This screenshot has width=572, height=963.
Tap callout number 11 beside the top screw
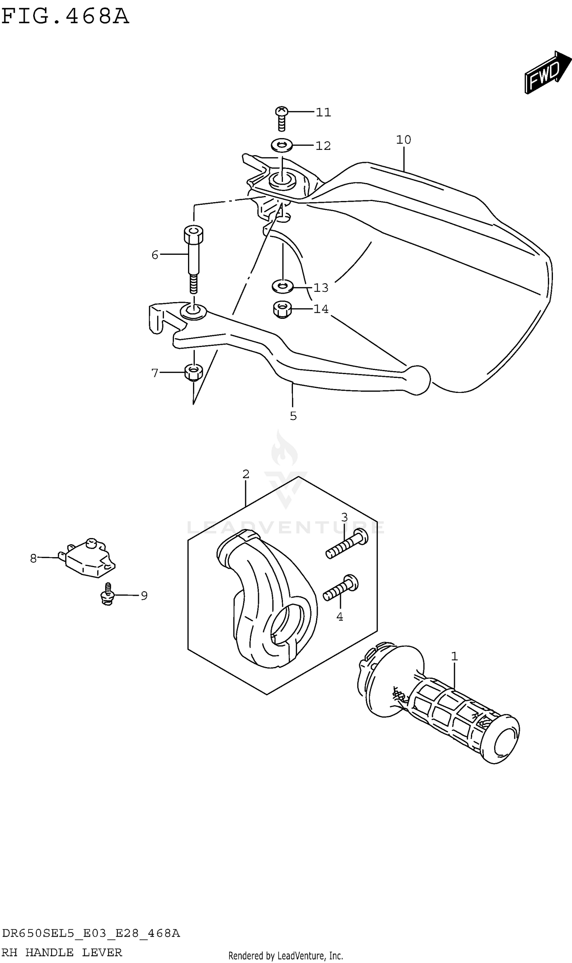click(x=323, y=112)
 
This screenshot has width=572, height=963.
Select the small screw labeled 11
click(x=281, y=117)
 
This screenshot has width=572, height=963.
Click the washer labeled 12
click(x=281, y=145)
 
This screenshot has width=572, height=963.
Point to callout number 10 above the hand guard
click(x=403, y=140)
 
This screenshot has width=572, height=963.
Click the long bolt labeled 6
click(x=193, y=254)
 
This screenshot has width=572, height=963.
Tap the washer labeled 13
click(x=283, y=286)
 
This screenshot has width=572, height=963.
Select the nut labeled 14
click(x=282, y=310)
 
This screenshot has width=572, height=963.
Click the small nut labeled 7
click(x=193, y=372)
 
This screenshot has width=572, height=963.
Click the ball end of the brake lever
click(x=417, y=379)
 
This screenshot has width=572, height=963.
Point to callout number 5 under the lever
click(x=293, y=416)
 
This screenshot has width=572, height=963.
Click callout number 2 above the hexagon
click(x=246, y=474)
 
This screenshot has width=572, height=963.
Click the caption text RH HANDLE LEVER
click(x=62, y=952)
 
